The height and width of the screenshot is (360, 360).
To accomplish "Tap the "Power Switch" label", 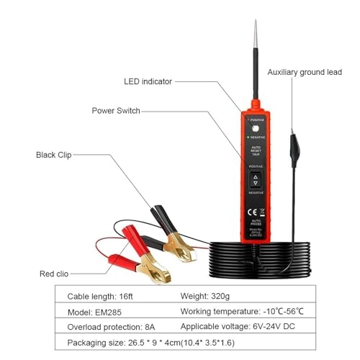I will [116, 111].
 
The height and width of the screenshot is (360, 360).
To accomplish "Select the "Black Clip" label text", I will [55, 155].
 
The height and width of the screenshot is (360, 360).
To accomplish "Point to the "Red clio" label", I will [57, 274].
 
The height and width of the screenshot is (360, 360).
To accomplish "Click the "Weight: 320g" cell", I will [206, 296].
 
